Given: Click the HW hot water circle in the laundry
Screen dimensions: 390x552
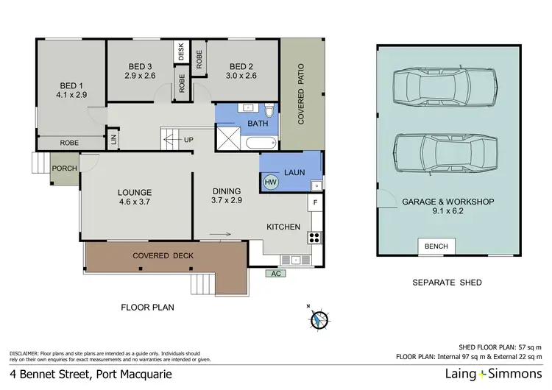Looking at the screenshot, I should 270,182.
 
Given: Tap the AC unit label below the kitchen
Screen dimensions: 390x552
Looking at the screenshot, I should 276,273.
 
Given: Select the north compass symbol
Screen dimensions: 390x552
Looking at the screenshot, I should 317,319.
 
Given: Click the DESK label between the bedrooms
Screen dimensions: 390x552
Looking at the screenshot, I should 181,52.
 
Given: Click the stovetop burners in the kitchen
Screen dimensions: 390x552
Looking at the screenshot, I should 314,238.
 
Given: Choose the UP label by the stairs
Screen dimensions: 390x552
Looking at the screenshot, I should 188,139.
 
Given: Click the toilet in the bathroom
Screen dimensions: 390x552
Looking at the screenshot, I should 269,112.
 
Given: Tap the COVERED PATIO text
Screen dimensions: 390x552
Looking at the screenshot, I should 301,93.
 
